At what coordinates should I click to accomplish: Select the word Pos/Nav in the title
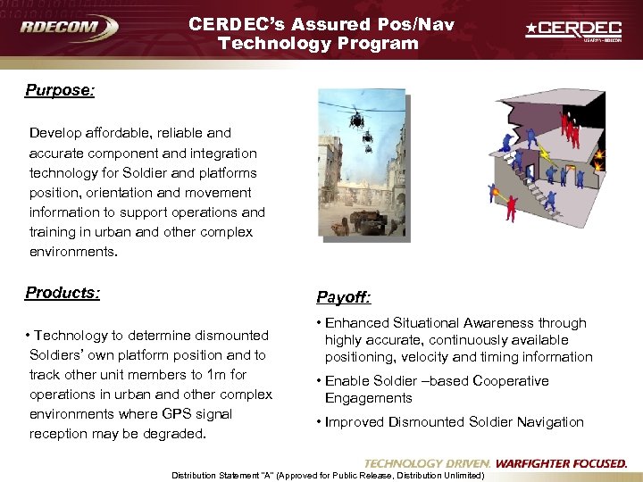[x=416, y=24]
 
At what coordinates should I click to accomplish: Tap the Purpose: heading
[x=60, y=90]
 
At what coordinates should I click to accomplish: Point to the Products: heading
[x=63, y=293]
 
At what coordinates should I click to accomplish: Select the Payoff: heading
[x=345, y=296]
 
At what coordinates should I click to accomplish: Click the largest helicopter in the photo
[x=355, y=118]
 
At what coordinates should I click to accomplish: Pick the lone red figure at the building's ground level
[x=511, y=207]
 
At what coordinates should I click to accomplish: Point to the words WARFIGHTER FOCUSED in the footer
[x=561, y=463]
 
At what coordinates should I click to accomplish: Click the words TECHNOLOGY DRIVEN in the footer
[x=427, y=463]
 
